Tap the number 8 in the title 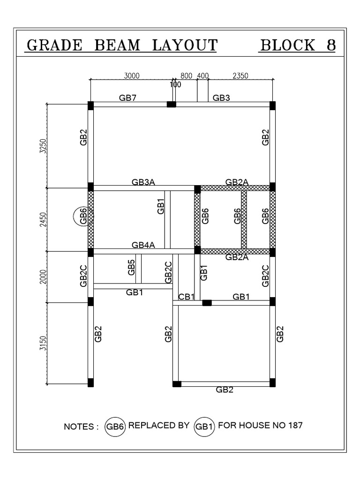coord(331,45)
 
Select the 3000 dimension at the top coord(131,75)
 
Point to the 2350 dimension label coord(240,75)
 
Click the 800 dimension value coord(186,75)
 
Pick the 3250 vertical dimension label coord(44,145)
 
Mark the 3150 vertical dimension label coord(44,343)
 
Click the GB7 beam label coord(128,97)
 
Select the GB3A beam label coord(143,182)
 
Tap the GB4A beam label coord(143,245)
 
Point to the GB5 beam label coord(132,268)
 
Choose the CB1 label coord(187,297)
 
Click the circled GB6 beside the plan coord(83,216)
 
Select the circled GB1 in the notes coord(204,427)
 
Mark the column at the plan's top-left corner coord(90,105)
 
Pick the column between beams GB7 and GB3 coord(172,104)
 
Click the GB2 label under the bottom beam coord(224,390)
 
